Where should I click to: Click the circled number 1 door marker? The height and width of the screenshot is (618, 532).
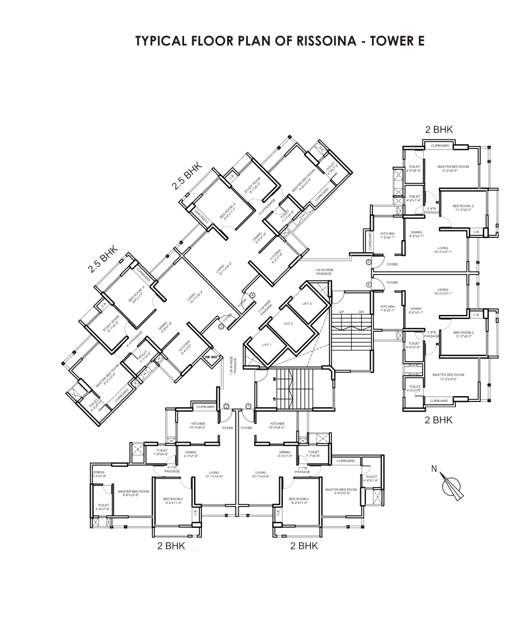(x=248, y=406)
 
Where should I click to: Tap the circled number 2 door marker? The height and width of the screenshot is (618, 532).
(x=226, y=406)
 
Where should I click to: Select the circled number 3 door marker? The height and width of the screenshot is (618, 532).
(x=221, y=327)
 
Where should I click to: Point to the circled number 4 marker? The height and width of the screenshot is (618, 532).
(x=253, y=295)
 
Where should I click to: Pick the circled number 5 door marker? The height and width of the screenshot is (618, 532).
(x=368, y=262)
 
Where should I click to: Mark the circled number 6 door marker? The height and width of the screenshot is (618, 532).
(x=368, y=284)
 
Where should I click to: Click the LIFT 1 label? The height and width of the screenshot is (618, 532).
(x=266, y=345)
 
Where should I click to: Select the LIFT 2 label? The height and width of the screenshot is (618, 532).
(x=289, y=324)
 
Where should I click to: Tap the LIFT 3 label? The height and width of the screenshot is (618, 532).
(x=307, y=304)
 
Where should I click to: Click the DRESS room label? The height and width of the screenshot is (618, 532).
(x=98, y=472)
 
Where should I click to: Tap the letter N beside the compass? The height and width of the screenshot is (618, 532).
(x=434, y=468)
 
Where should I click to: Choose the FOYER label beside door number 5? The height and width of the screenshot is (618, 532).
(x=392, y=264)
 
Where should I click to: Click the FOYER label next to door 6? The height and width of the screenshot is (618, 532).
(x=392, y=282)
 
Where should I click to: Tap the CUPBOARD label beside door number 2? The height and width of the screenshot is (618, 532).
(x=205, y=407)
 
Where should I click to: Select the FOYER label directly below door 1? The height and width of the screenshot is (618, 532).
(x=246, y=428)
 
